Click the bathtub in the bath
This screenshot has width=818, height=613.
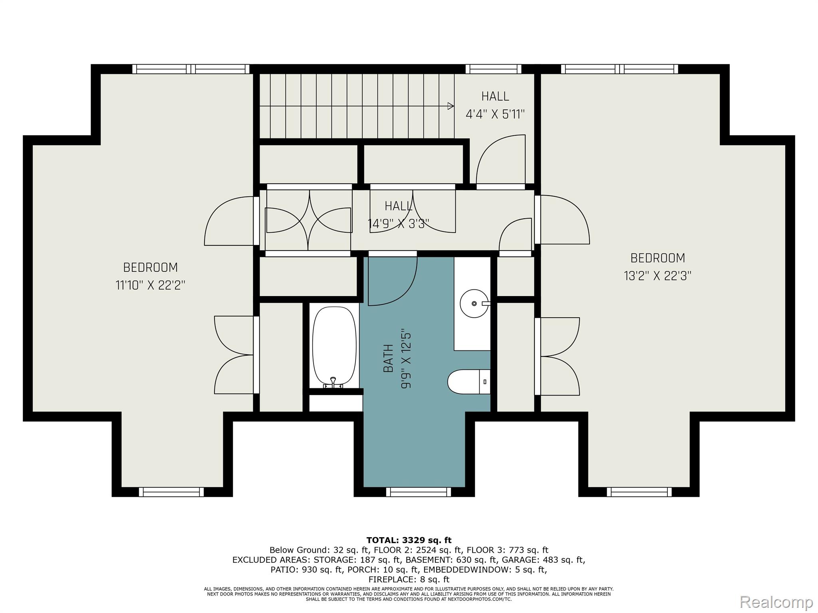(x=334, y=347)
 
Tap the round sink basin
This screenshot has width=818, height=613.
(x=474, y=304)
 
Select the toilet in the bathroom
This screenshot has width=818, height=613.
(x=469, y=381)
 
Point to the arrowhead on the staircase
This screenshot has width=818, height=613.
(x=451, y=106)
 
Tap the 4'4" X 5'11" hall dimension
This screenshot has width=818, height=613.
(x=495, y=115)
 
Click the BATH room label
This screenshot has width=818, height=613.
(x=388, y=358)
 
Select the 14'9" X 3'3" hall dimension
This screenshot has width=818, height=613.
(x=398, y=224)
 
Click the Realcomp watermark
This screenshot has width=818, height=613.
(x=776, y=601)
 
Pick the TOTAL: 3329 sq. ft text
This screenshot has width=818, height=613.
(x=409, y=540)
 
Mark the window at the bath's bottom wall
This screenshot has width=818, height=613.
(x=418, y=492)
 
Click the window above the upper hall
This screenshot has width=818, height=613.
(x=493, y=69)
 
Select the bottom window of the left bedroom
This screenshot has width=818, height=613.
(x=171, y=492)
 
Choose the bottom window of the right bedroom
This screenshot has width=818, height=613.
(x=639, y=492)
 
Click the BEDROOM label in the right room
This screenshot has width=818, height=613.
(x=657, y=258)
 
